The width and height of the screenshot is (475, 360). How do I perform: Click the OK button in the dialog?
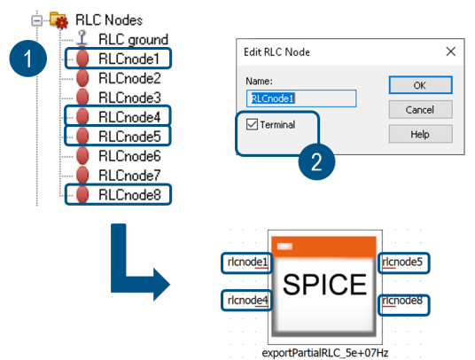click(420, 85)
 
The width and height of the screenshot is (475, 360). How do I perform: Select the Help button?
click(420, 134)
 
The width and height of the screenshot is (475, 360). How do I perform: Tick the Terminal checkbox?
click(252, 124)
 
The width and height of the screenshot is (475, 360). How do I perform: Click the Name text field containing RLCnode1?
click(301, 98)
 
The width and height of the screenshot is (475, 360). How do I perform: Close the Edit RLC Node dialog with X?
click(451, 51)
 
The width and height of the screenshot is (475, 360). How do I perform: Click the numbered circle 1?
click(28, 59)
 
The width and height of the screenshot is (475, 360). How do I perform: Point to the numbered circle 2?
click(316, 161)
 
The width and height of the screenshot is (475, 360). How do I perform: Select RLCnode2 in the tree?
click(129, 78)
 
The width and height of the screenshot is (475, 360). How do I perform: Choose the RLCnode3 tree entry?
click(129, 98)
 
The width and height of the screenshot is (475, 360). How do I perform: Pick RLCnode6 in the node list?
click(129, 156)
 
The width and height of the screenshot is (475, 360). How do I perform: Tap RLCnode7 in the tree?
click(129, 176)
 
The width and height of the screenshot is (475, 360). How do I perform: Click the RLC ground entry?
click(133, 40)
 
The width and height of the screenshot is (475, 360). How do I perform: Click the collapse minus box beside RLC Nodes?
click(37, 20)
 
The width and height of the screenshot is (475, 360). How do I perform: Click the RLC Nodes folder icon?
click(58, 20)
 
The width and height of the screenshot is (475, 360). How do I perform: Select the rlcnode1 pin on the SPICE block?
click(247, 262)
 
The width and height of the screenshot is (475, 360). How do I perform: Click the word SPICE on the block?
click(324, 285)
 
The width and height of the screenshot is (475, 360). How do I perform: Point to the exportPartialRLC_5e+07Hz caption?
click(325, 353)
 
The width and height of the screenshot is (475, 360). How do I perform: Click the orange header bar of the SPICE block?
click(323, 247)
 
